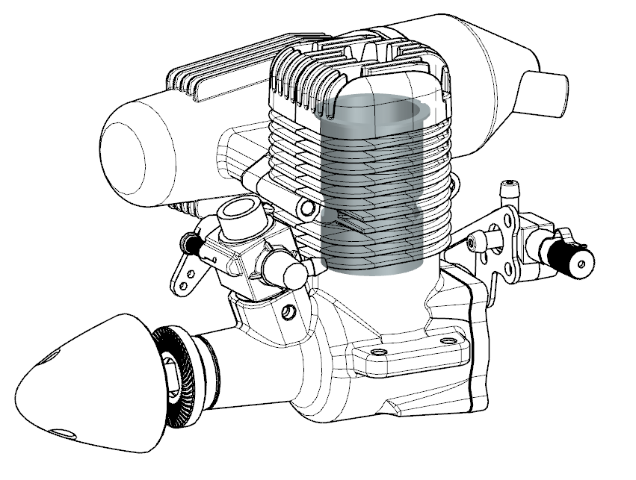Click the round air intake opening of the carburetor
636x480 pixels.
(237, 208)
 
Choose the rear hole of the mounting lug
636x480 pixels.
(448, 341)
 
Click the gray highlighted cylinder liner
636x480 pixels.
(377, 187)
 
